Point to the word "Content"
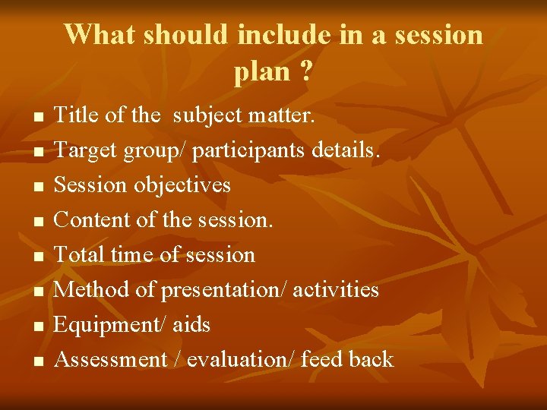90,220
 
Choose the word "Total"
80,255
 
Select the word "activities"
336,290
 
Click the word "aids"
191,325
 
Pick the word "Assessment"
111,359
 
